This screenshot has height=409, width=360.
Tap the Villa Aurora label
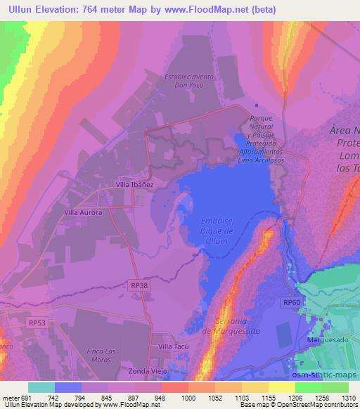(83, 212)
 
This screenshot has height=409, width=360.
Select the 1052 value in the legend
(214, 397)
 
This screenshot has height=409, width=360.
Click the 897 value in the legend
(134, 397)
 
